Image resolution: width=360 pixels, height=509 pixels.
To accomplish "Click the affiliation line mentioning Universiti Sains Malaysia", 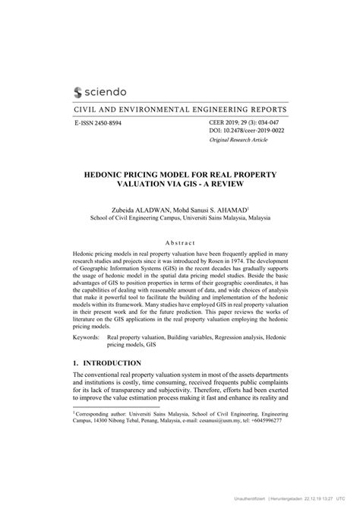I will click(x=180, y=217).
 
